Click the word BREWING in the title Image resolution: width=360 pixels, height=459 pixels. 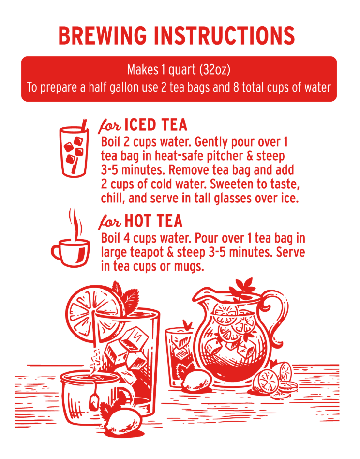[103, 35]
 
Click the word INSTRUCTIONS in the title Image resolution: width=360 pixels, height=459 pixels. [225, 35]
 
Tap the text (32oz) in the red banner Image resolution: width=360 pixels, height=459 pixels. [215, 70]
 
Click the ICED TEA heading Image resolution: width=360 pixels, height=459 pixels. [156, 125]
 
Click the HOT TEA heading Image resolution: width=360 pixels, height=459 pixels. [153, 221]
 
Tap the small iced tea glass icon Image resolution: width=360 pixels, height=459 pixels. [74, 148]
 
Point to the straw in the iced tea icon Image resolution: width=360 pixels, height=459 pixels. [79, 146]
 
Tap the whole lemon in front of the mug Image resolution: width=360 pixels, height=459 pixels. [123, 423]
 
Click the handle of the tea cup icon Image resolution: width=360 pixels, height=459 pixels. [56, 252]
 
